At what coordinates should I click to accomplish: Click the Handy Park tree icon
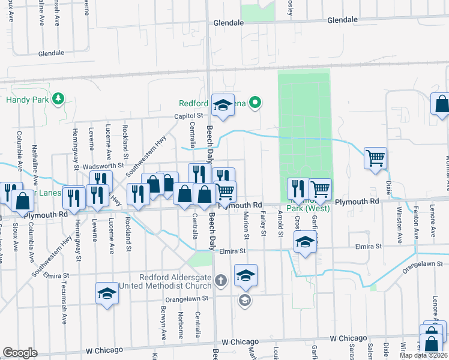click(x=58, y=98)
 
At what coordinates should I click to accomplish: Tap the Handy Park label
click(x=28, y=100)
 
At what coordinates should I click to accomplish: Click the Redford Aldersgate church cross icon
click(x=221, y=280)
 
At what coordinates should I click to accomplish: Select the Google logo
click(x=20, y=353)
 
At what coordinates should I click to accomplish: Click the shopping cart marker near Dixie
click(x=376, y=159)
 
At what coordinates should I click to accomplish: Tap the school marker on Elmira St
click(x=305, y=242)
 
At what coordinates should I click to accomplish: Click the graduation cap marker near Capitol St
click(x=223, y=105)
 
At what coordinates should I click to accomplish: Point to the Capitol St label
click(x=190, y=116)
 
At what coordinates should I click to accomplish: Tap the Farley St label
click(x=264, y=227)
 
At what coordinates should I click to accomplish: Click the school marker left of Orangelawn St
click(x=107, y=293)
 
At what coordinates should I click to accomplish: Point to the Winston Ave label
click(x=399, y=226)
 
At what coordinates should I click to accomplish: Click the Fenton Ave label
click(x=416, y=225)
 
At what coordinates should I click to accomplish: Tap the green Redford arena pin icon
click(x=255, y=103)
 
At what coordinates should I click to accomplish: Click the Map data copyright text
click(x=424, y=355)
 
